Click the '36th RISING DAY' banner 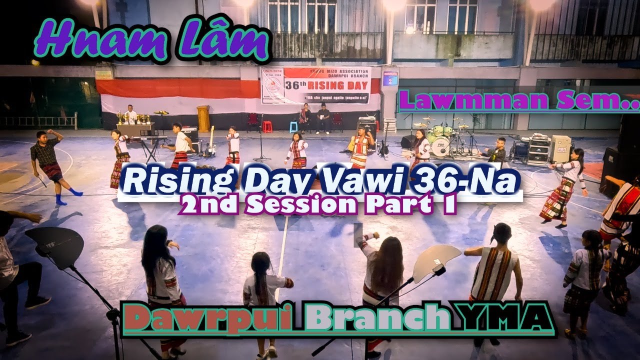[315, 85]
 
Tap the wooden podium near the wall [203, 118]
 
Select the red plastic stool [267, 126]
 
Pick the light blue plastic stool [293, 127]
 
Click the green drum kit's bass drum [440, 146]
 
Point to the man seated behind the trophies [130, 114]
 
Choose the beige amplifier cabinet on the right [561, 148]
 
